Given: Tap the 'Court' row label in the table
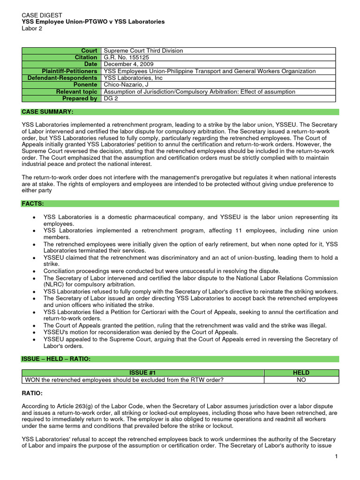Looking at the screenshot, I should coord(89,51).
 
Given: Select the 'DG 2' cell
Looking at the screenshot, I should coord(112,98).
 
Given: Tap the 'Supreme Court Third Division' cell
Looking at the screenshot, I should coord(143,51).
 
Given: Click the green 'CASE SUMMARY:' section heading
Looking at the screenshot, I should coord(47,112).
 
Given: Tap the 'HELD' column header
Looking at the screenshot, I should coord(301,373).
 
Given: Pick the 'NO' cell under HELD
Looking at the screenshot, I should coord(301,380).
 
